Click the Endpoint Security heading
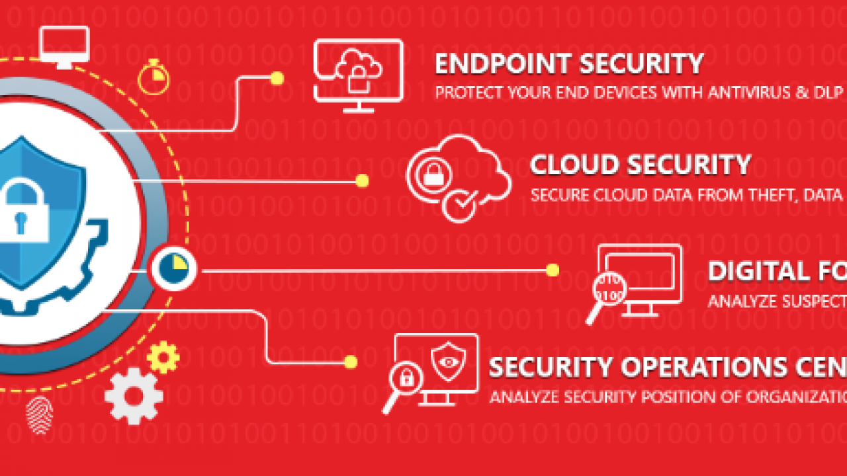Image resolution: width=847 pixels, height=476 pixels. click(x=568, y=64)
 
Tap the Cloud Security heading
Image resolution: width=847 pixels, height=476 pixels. click(x=640, y=165)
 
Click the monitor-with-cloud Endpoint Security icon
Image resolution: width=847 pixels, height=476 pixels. click(x=358, y=74)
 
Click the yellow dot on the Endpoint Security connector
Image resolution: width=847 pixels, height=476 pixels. click(x=277, y=79)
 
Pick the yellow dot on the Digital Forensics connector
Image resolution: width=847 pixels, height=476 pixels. click(x=553, y=270)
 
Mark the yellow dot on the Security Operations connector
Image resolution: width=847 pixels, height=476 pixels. click(x=351, y=362)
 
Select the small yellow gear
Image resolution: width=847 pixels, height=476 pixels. click(x=163, y=357)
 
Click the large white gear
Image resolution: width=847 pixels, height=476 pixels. click(x=134, y=395)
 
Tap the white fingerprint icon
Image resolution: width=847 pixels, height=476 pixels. click(x=38, y=415)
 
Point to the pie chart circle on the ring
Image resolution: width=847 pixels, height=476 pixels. click(x=172, y=269)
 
